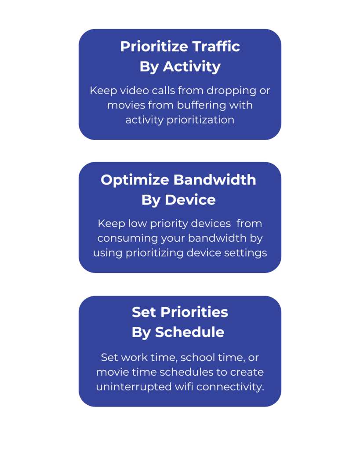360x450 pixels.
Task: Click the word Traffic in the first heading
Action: pyautogui.click(x=216, y=46)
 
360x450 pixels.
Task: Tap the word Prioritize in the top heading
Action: pyautogui.click(x=154, y=46)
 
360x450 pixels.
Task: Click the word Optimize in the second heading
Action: pyautogui.click(x=135, y=180)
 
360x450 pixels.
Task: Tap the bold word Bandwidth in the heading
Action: pyautogui.click(x=215, y=180)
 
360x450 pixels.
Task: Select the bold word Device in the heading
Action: pyautogui.click(x=190, y=200)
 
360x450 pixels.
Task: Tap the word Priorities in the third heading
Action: pyautogui.click(x=194, y=312)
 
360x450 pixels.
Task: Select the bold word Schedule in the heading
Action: pyautogui.click(x=189, y=332)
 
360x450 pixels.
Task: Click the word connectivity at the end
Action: pyautogui.click(x=230, y=387)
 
